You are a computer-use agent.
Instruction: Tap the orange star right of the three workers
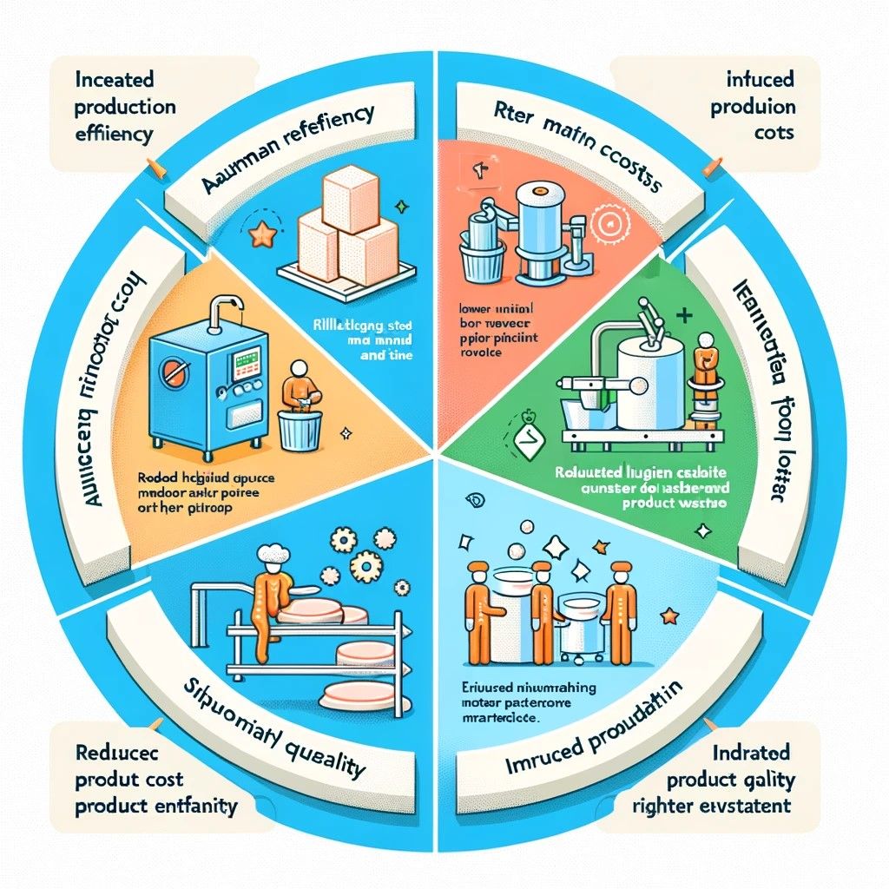pyautogui.click(x=668, y=616)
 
